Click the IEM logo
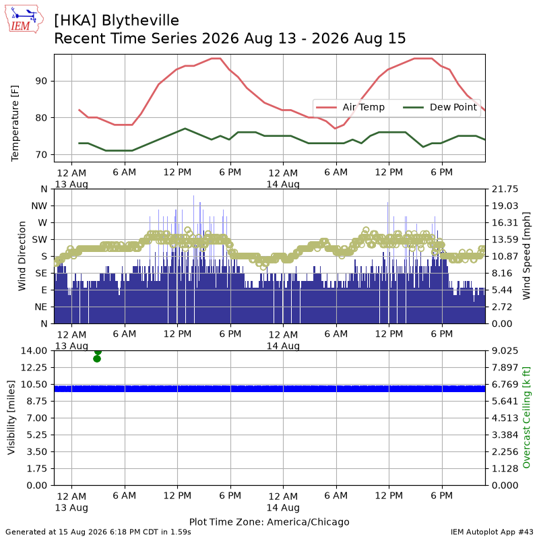click(24, 20)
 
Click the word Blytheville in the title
click(140, 21)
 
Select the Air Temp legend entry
click(350, 107)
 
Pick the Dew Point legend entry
click(440, 107)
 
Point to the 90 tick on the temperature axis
click(41, 81)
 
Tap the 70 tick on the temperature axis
click(41, 155)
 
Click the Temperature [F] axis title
click(15, 123)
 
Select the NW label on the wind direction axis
click(39, 206)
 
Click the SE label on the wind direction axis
click(41, 274)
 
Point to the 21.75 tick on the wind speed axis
click(505, 189)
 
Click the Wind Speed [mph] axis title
click(526, 256)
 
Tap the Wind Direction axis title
click(22, 256)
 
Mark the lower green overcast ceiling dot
click(97, 359)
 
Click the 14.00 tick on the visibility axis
click(34, 350)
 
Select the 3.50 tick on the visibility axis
click(37, 451)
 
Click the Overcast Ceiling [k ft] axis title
click(526, 418)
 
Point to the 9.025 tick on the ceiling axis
click(505, 350)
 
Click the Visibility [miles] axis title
click(11, 418)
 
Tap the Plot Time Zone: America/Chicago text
click(269, 521)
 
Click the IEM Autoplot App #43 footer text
click(492, 532)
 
